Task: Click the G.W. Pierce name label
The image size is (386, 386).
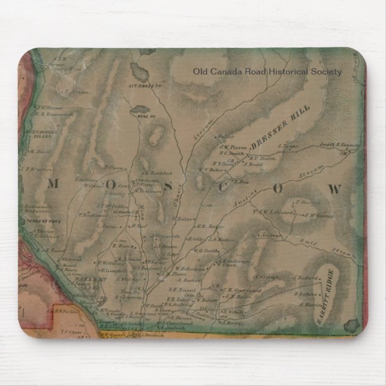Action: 231,146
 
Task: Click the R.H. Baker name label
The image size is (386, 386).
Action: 212,227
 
